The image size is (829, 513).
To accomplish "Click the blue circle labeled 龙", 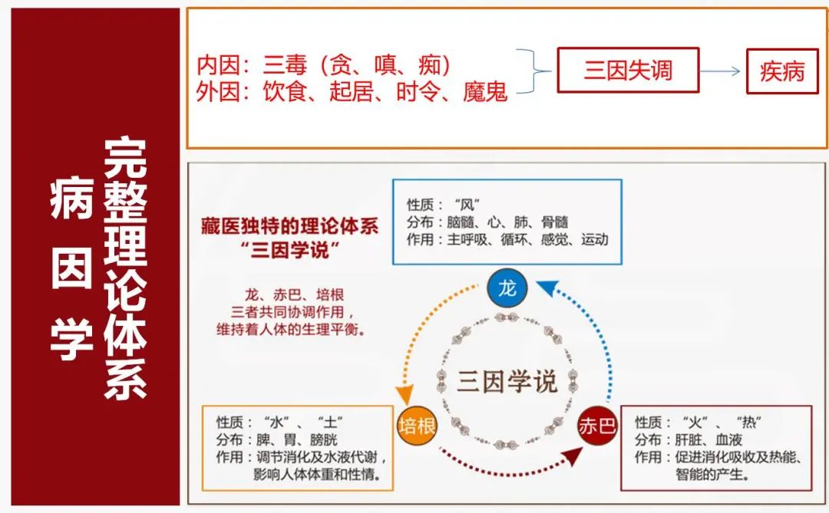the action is (507, 288).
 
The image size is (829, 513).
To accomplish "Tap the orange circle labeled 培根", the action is (417, 426).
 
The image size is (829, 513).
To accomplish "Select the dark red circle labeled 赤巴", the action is (597, 426).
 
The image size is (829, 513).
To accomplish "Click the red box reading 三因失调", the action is (628, 71).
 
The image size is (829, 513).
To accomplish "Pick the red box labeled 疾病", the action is (782, 71).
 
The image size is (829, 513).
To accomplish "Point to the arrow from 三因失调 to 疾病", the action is (720, 71).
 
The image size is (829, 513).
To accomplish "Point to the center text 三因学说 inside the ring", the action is (507, 381).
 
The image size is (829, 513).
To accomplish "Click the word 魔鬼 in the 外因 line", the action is (485, 91).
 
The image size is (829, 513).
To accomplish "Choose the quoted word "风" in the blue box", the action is (467, 205).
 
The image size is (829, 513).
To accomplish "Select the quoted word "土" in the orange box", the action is (330, 422).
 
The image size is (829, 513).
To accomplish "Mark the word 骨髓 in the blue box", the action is (555, 222).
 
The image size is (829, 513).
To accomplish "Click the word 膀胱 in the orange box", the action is (324, 439).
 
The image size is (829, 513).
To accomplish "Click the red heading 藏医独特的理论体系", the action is (289, 226).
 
